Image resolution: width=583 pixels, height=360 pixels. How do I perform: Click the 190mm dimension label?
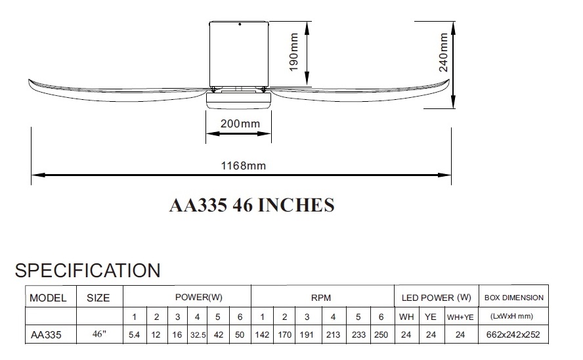[293, 52]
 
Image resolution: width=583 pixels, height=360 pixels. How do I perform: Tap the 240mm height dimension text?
[444, 52]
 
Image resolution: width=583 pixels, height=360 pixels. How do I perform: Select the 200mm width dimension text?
[240, 124]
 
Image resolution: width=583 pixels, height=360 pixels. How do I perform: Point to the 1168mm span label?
[244, 166]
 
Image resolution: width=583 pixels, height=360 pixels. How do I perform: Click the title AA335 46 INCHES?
[251, 205]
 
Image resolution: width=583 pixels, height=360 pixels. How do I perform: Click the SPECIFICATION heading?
[88, 271]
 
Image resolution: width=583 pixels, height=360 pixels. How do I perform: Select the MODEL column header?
[48, 298]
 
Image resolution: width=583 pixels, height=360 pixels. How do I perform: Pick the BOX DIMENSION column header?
[514, 298]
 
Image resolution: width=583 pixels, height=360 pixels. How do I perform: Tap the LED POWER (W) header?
[437, 298]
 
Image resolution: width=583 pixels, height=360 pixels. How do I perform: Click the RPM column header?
[321, 298]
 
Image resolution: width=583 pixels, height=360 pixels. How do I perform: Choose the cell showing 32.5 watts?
[198, 335]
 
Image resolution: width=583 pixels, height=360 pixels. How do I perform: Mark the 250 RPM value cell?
[381, 335]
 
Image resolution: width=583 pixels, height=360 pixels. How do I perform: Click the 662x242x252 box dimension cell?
[513, 334]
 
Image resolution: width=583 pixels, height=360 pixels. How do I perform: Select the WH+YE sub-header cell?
[460, 317]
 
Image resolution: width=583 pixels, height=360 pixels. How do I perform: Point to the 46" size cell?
[99, 334]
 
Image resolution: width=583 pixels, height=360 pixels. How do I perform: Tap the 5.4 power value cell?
[134, 335]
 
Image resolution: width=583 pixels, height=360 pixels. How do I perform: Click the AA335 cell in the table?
[46, 335]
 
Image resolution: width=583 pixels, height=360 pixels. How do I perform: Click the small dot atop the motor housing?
[240, 24]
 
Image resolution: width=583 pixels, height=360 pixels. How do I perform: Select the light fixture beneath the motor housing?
[239, 101]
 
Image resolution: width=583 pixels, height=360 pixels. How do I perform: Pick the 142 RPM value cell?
[262, 335]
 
